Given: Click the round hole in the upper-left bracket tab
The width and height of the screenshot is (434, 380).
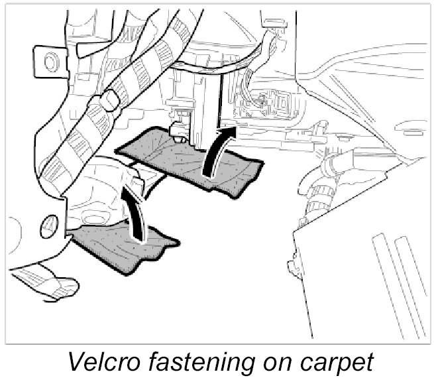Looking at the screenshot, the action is pyautogui.click(x=49, y=61).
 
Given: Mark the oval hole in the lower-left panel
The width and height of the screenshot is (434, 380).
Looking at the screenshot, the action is pyautogui.click(x=47, y=223).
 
